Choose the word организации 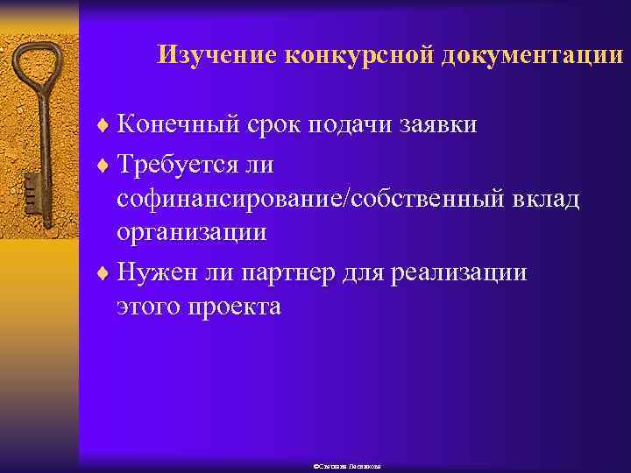pos(192,232)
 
